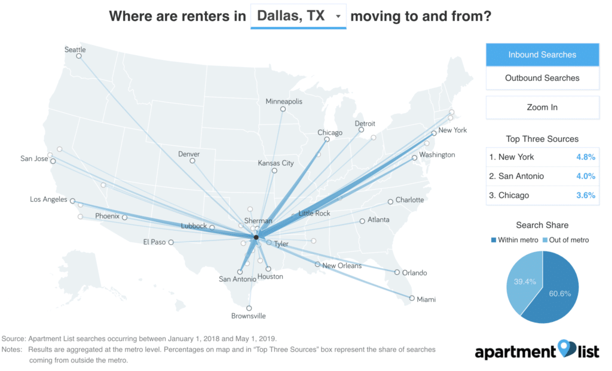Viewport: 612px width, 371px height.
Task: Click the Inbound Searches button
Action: [542, 54]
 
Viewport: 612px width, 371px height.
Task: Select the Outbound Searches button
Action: [542, 78]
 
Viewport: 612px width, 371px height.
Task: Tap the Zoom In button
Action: [542, 107]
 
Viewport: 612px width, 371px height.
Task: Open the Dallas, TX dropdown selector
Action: [298, 17]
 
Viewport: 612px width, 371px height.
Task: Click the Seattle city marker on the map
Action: [79, 56]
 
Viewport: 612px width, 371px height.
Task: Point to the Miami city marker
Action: [412, 298]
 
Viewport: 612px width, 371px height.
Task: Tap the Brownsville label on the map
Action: [249, 316]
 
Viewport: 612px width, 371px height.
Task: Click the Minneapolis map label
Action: [284, 102]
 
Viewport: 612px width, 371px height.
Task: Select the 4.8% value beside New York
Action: [585, 157]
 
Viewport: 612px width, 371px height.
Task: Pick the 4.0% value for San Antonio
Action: [585, 176]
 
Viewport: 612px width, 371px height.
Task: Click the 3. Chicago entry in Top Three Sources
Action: [509, 195]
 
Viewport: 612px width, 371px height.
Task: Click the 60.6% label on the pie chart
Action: [556, 294]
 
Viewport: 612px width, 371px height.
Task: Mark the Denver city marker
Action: [192, 161]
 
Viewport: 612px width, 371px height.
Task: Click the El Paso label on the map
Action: [154, 242]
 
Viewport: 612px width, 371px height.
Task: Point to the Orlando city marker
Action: [397, 272]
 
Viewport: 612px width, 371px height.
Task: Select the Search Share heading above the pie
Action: [542, 225]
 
